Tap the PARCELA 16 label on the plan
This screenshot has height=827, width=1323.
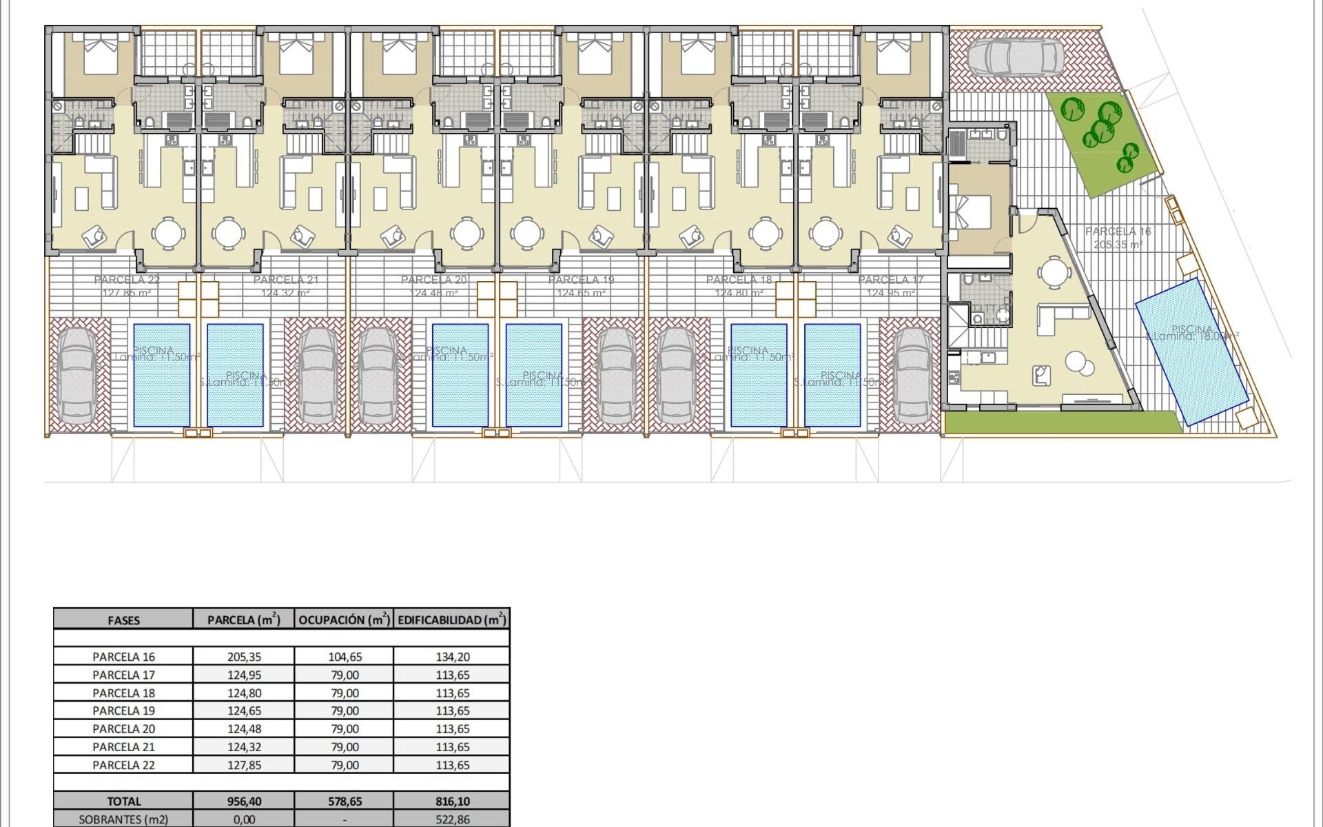1118,232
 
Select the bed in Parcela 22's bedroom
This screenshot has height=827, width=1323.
99,56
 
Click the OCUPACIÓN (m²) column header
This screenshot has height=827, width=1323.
344,620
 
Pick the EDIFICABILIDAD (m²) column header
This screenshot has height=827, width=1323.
452,620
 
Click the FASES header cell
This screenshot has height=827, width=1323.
124,620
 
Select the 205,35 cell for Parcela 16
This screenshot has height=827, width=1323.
245,657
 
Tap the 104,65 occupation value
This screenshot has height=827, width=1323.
345,657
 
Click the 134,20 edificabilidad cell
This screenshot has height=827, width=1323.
453,657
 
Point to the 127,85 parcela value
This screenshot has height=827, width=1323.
245,765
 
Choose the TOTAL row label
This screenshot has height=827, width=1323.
124,802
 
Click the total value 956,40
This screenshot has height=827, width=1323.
245,802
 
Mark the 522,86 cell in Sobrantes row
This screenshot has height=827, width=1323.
453,819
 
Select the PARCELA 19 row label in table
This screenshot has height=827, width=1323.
124,711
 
